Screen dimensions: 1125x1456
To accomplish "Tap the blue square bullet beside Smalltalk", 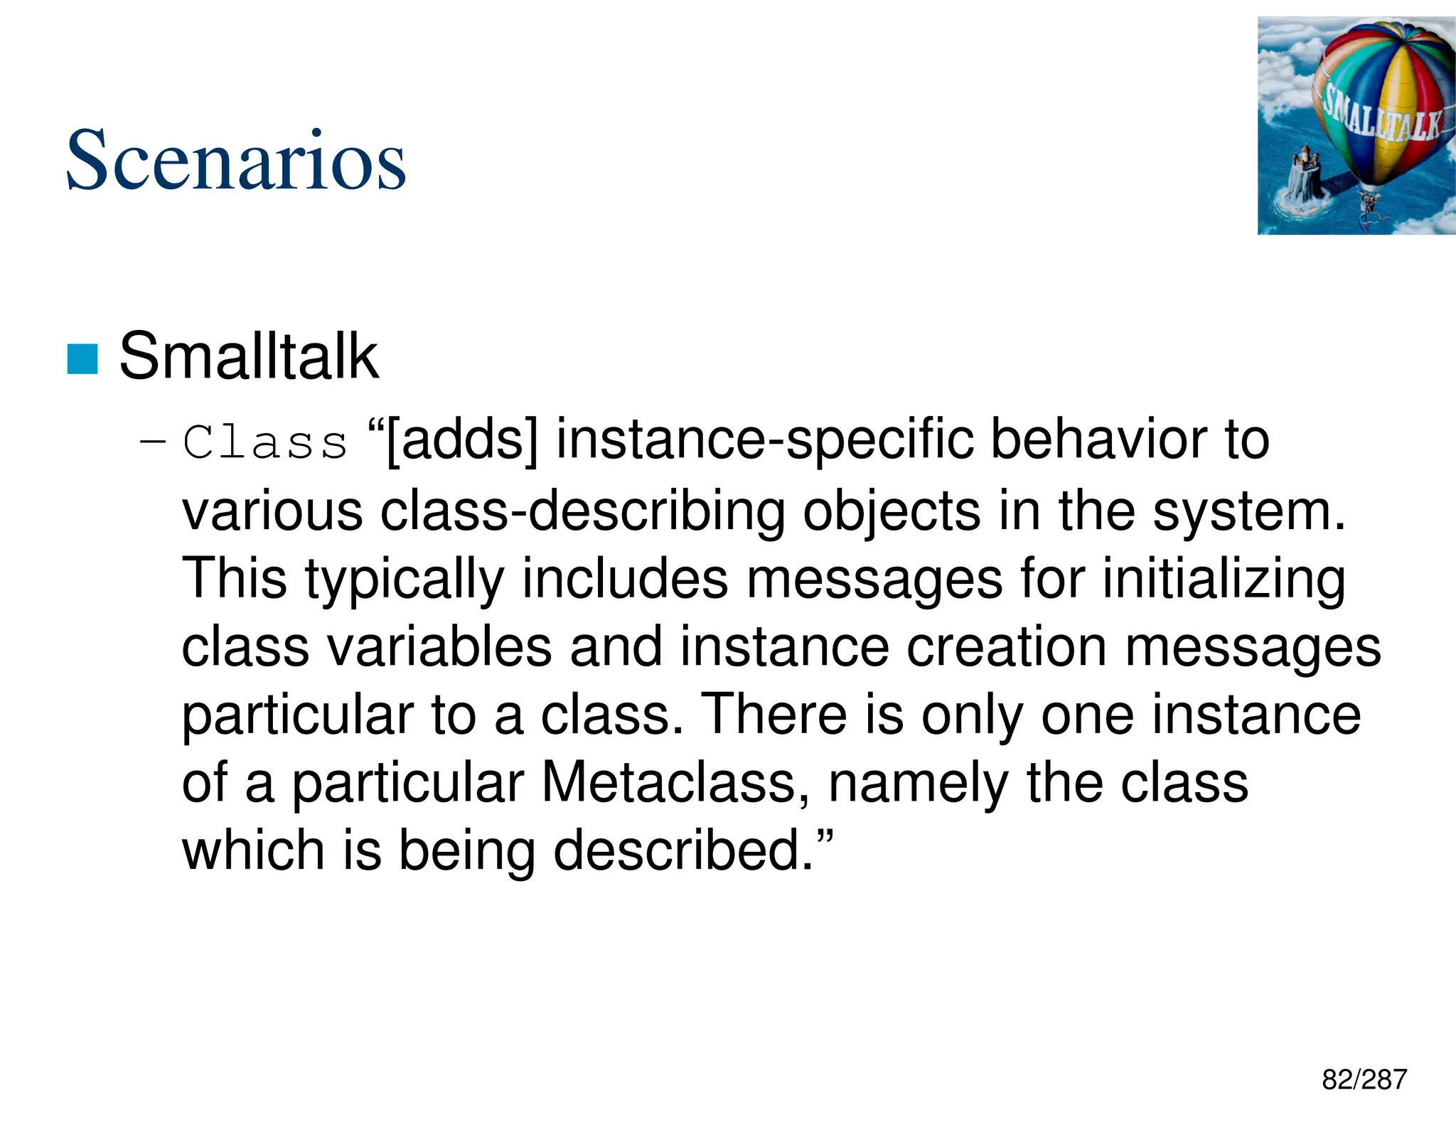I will pos(82,358).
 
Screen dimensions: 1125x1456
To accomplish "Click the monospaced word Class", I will pos(264,442).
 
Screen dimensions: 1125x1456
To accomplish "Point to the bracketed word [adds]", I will pos(461,440).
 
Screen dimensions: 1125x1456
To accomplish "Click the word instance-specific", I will pos(764,440).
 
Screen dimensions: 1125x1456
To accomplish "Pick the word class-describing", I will pos(582,511).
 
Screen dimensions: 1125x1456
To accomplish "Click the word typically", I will pos(405,579).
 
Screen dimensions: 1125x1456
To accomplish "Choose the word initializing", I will pos(1224,579).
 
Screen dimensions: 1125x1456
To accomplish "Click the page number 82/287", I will pos(1364,1079).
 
